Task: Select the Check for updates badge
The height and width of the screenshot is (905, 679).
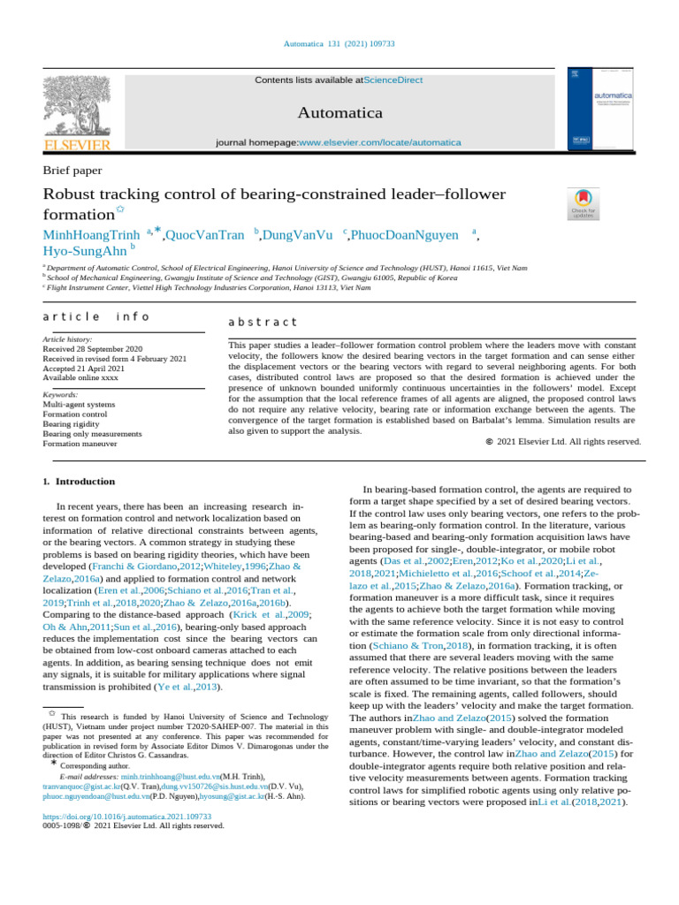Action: tap(584, 204)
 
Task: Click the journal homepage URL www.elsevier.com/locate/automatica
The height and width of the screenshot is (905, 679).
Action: tap(380, 142)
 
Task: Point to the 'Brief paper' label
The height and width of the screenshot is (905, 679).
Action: tap(72, 171)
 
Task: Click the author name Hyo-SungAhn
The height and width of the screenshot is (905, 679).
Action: tap(84, 252)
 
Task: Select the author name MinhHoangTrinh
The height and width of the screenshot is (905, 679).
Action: tap(91, 235)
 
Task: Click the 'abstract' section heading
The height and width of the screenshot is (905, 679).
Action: tap(263, 323)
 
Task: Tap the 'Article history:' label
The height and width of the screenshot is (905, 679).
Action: tap(67, 339)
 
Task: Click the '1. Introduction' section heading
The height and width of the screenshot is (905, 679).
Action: tap(79, 482)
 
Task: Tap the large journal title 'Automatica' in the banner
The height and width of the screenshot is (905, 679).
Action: tap(340, 113)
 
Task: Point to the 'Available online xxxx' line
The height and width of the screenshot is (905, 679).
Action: tap(82, 378)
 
